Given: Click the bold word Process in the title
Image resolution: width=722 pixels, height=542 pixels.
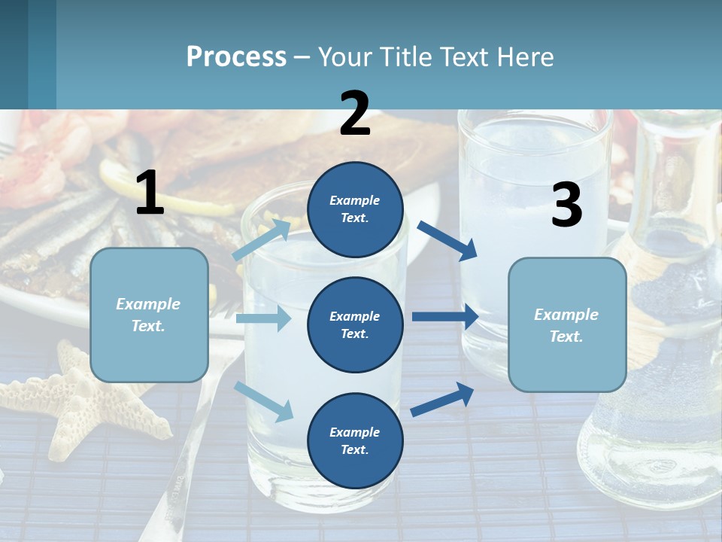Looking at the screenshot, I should pos(236,56).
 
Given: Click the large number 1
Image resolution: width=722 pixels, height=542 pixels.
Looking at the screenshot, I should pos(150,193).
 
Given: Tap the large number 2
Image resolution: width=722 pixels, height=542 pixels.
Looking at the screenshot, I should pos(355,114).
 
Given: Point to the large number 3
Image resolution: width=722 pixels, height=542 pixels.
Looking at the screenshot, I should pos(566,206).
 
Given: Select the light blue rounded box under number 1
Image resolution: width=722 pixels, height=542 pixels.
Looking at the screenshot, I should pos(149,315).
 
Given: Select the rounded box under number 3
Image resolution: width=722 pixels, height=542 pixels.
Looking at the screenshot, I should pos(567,324).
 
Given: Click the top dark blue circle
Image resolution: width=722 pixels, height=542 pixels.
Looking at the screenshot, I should pos(355,209).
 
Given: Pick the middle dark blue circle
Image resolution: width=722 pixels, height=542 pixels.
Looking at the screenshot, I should pos(355,324).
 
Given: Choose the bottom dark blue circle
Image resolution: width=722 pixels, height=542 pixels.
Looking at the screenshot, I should pos(355,440).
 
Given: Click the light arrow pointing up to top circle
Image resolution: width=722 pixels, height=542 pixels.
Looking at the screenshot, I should pos(262,239).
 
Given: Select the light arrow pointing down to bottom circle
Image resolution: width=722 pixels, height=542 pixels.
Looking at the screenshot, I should pos(263,400).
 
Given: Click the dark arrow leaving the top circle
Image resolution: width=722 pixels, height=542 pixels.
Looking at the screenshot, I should pos(447,240).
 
